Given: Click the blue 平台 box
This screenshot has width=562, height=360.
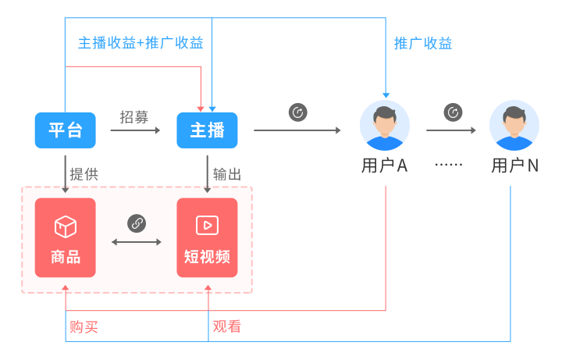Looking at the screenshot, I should (65, 130).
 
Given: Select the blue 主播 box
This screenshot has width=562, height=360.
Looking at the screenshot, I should (207, 130).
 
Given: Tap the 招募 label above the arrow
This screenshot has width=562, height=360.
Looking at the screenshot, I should (134, 117).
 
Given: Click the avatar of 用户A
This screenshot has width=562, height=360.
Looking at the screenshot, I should (385, 125).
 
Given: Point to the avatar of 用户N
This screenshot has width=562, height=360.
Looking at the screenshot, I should (514, 125).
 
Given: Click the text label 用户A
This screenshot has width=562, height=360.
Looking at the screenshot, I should (385, 166).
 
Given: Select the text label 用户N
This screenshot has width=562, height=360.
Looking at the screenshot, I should (514, 166).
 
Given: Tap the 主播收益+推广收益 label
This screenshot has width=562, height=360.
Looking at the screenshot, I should (140, 43).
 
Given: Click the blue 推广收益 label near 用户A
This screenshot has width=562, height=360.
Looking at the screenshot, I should (423, 43).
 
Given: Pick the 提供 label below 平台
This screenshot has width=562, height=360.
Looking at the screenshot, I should (84, 174).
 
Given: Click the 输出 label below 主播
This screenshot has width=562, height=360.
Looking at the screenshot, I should (227, 174).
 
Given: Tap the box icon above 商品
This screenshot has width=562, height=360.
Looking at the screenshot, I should (65, 226).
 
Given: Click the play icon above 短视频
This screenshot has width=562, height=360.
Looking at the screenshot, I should (207, 226).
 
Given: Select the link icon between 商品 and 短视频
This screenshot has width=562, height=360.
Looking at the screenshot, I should (137, 223).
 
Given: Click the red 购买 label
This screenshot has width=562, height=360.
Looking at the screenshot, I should (84, 326).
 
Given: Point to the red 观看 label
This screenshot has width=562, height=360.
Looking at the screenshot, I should (227, 326).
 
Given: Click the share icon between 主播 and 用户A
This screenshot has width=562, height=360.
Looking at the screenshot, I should (297, 112).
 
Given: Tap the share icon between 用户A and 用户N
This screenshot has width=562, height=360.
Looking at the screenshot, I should (453, 112).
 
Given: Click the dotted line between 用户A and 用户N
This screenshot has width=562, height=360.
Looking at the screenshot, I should (449, 165).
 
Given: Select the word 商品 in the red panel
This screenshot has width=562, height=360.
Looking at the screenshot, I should (65, 257).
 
